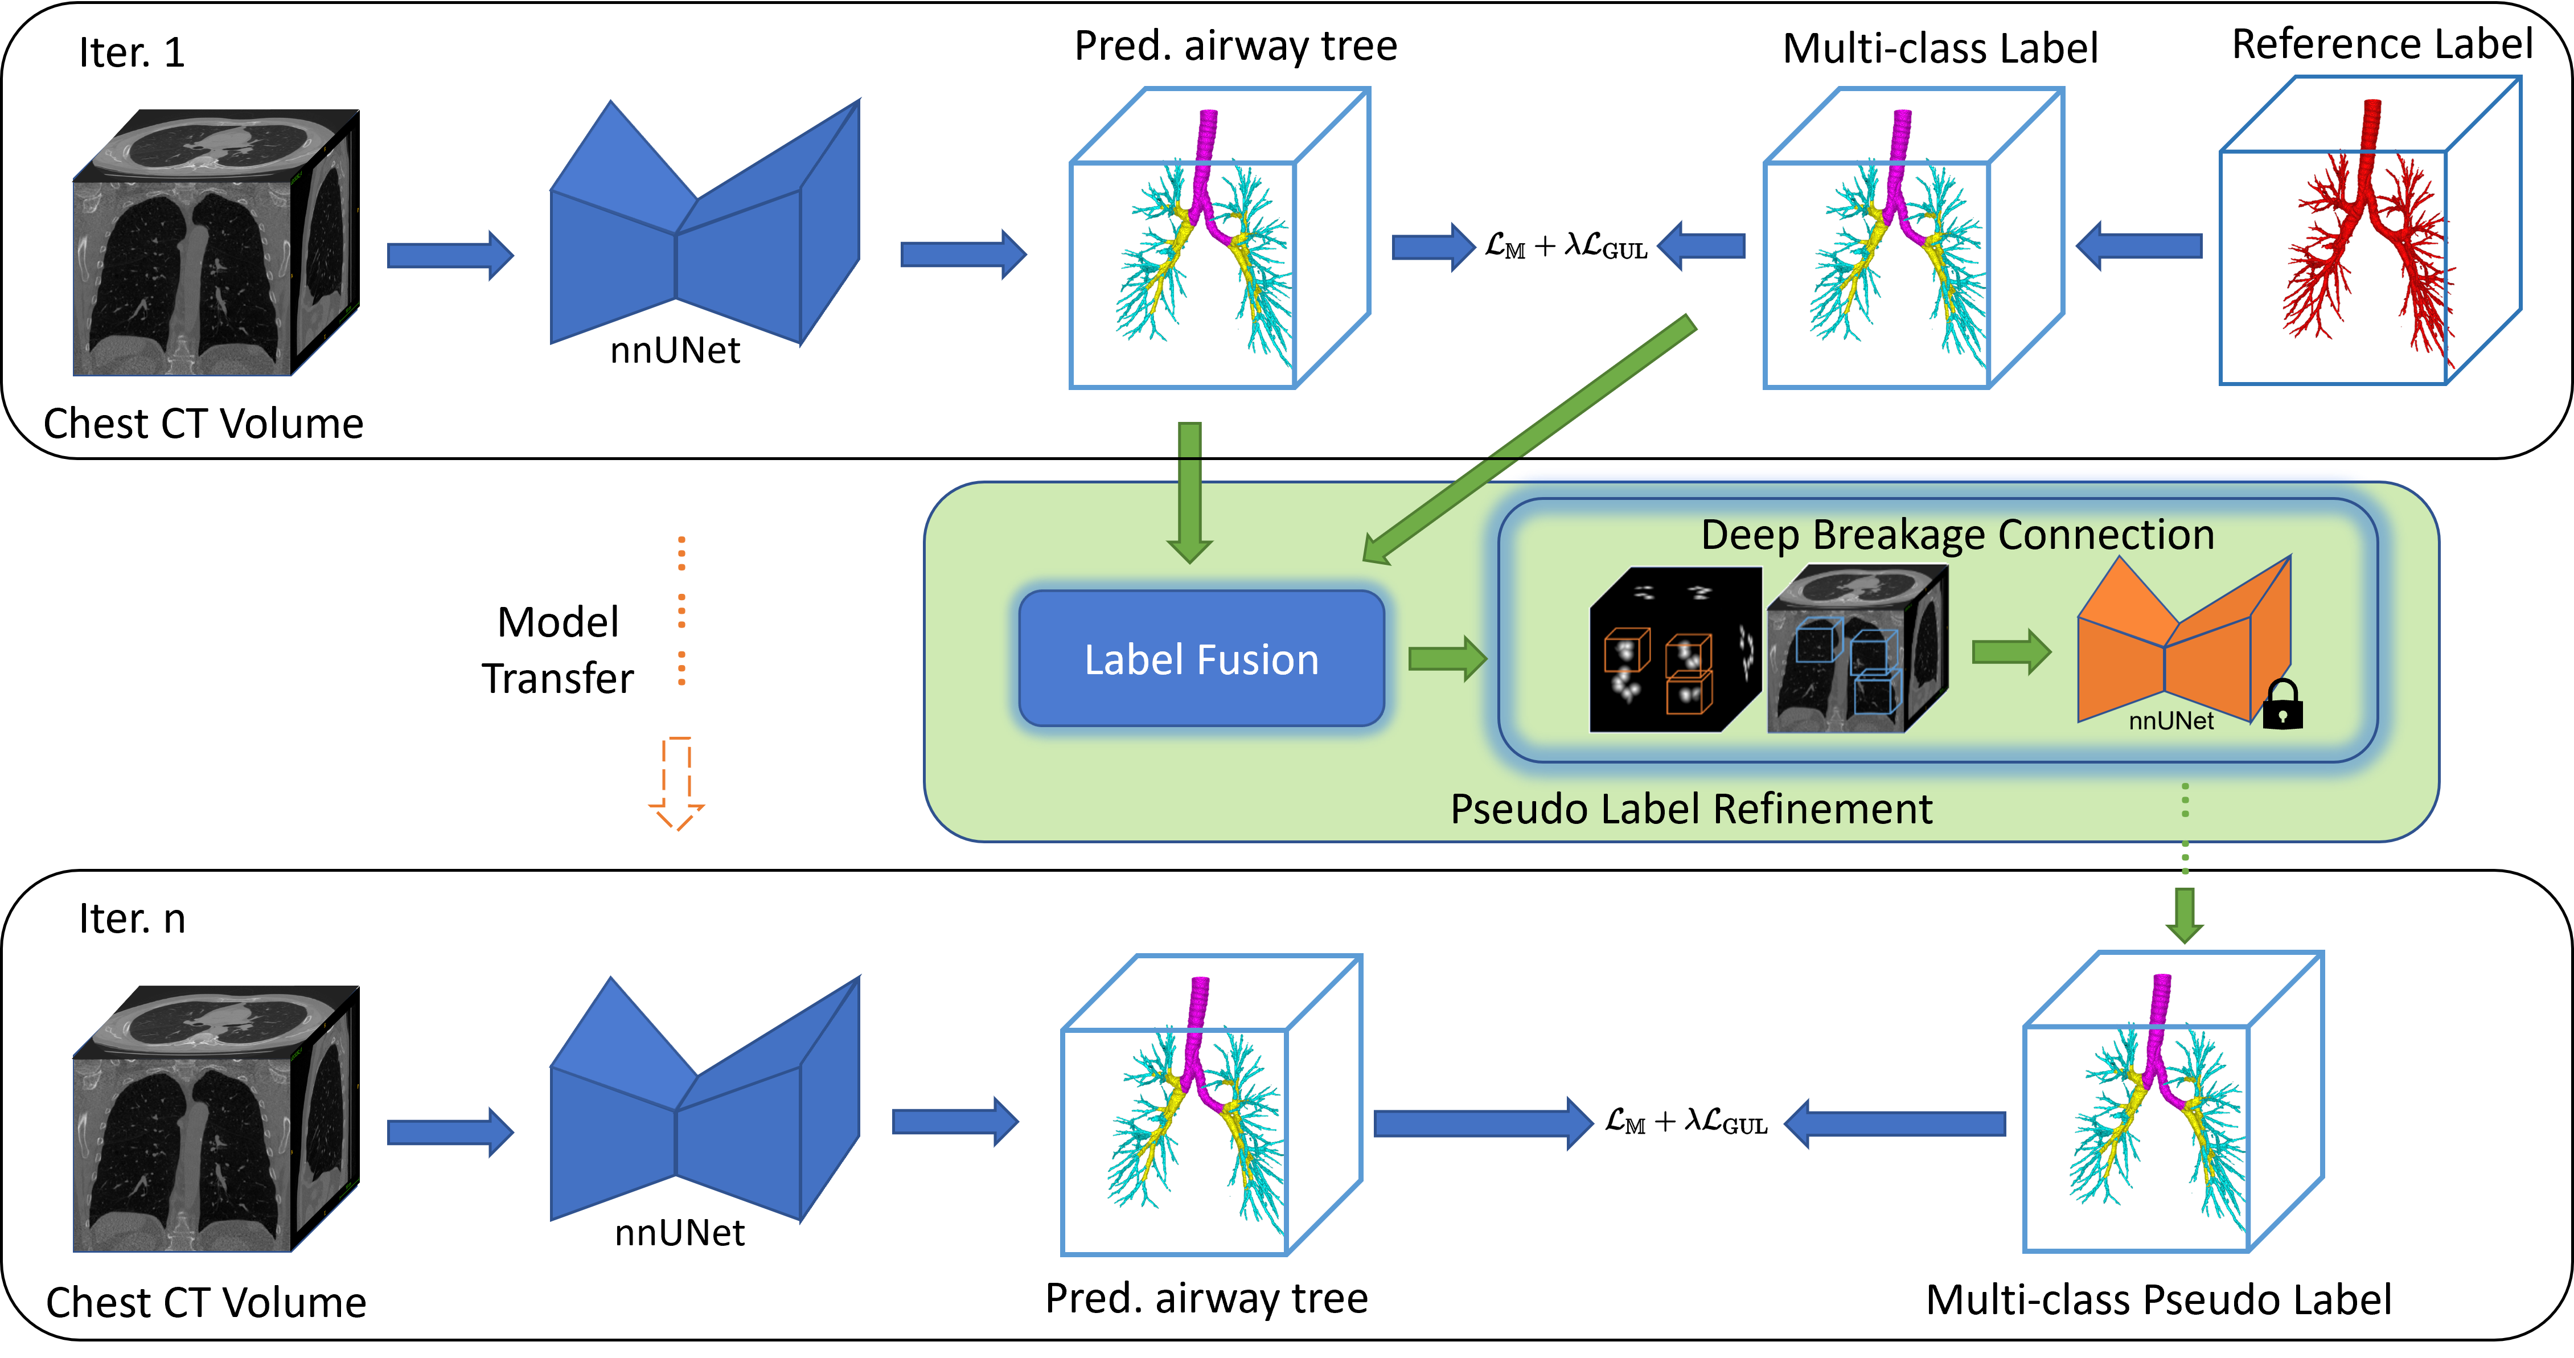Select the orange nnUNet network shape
coord(2178,639)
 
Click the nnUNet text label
coord(2170,720)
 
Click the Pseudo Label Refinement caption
coord(1691,809)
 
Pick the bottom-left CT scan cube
coord(214,1119)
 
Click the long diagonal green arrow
coord(1529,440)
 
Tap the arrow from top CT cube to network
coord(450,256)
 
